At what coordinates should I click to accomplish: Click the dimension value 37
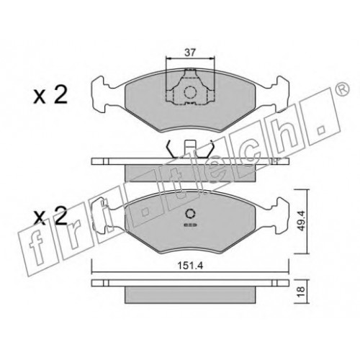click(x=190, y=53)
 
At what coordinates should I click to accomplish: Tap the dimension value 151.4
click(x=190, y=266)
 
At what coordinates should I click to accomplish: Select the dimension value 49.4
click(x=301, y=220)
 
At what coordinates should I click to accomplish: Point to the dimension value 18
click(x=301, y=291)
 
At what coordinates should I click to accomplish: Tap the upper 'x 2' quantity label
click(x=50, y=95)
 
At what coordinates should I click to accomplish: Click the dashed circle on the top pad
click(x=190, y=92)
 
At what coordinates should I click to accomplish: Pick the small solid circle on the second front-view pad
click(x=191, y=213)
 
